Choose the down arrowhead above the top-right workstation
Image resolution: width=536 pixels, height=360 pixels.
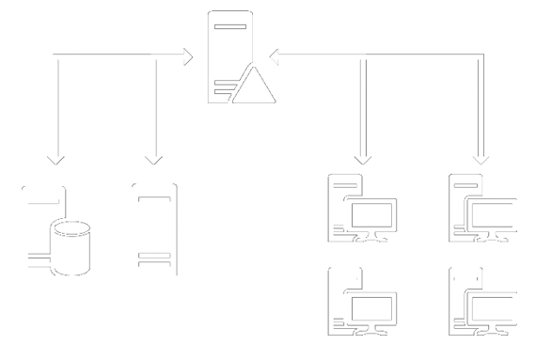[482, 155]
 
